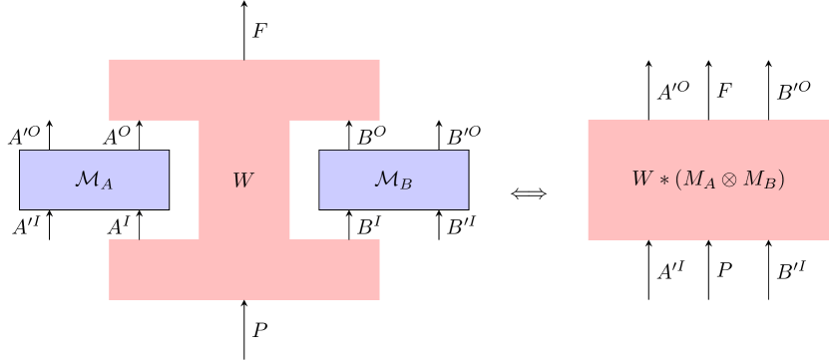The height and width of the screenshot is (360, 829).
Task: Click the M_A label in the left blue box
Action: tap(94, 180)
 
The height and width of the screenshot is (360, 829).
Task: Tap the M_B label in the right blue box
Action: tap(393, 180)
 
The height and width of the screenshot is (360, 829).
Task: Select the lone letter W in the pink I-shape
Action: tap(243, 180)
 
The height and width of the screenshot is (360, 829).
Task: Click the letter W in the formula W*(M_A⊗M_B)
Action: tap(641, 180)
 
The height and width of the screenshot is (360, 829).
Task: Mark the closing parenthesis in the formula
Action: tap(782, 180)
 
